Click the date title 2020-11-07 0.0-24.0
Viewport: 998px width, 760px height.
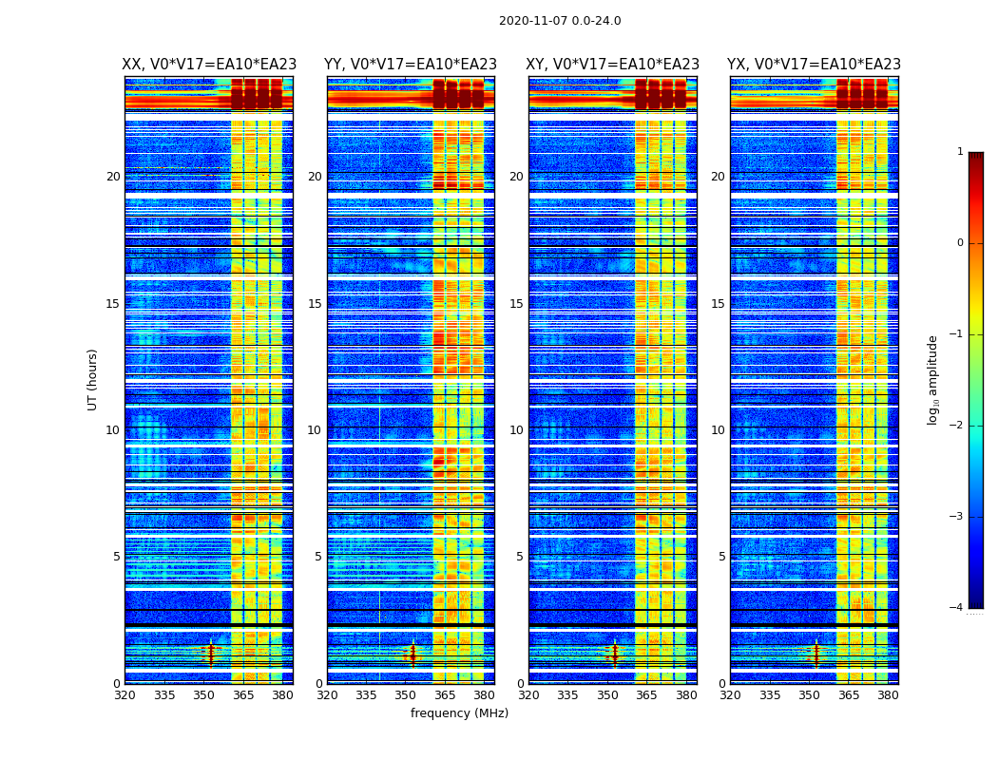[560, 21]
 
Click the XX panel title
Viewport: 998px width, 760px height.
[209, 65]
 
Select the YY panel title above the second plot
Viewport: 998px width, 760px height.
[411, 65]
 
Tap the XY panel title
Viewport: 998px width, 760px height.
[613, 65]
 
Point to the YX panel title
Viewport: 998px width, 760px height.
[814, 65]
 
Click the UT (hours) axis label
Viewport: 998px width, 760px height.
[92, 379]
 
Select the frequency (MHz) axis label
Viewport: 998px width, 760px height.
[459, 713]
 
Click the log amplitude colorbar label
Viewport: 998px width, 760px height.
[933, 379]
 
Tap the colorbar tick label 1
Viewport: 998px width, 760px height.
[960, 152]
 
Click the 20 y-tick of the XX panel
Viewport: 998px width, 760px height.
[113, 177]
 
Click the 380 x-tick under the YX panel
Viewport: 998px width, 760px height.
[888, 695]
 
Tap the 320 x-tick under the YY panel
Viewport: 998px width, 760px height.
[327, 695]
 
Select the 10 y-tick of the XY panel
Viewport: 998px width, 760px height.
[516, 430]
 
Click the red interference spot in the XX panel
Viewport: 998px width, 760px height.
[211, 653]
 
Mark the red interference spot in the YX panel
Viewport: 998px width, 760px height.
[816, 653]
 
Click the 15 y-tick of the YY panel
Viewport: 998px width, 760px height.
[315, 304]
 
